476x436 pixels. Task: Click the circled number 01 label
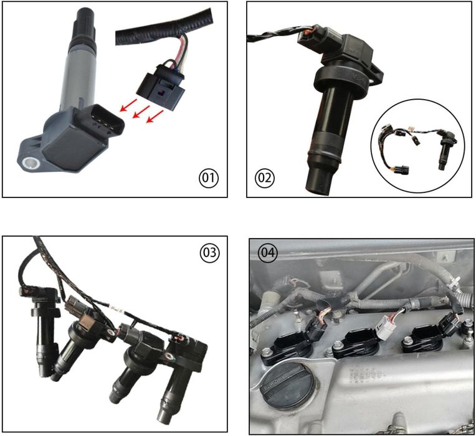[x=209, y=178]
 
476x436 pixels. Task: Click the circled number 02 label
[x=265, y=178]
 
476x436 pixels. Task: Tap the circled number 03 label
[x=209, y=252]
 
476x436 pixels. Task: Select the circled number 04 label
[x=267, y=253]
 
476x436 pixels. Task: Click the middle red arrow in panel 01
[x=141, y=111]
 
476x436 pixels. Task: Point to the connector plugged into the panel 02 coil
[x=314, y=39]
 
